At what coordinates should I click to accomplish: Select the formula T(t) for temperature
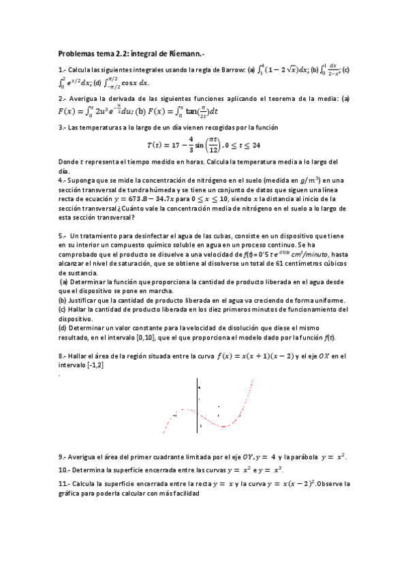204,145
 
